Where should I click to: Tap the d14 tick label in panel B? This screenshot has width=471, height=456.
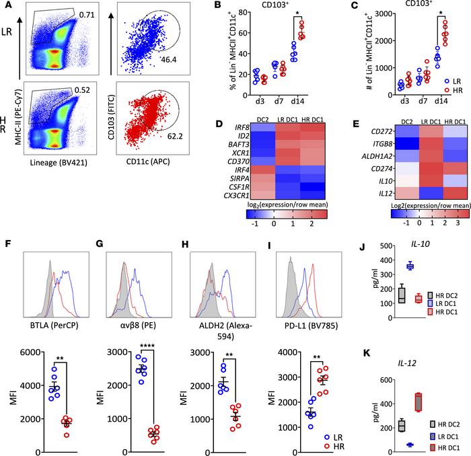277,104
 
